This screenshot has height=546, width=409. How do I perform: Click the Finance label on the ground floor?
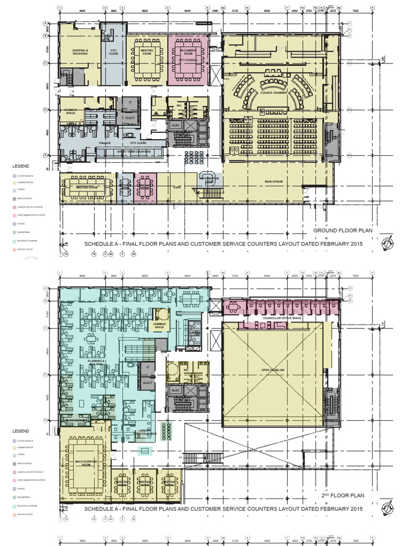pyautogui.click(x=104, y=143)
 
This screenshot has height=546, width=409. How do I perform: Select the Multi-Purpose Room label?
pyautogui.click(x=85, y=462)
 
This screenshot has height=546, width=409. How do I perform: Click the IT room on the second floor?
pyautogui.click(x=146, y=368)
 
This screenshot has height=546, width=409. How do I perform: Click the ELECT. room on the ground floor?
pyautogui.click(x=130, y=118)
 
